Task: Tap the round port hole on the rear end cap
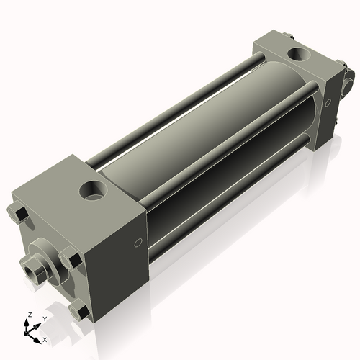click(299, 55)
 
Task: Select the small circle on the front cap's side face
click(138, 243)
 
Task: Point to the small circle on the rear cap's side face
click(328, 103)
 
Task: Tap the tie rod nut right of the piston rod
click(70, 259)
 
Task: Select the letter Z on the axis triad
click(30, 315)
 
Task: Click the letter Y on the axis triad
click(45, 319)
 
